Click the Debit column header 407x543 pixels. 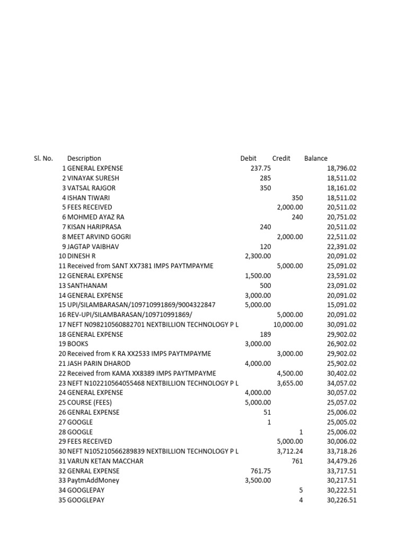click(x=248, y=158)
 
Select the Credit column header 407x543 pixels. click(x=281, y=158)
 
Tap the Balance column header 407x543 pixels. click(x=316, y=158)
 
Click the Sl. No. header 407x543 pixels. click(x=43, y=158)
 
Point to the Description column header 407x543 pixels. click(x=84, y=158)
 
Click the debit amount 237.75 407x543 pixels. click(x=260, y=168)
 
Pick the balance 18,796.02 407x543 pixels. click(x=342, y=168)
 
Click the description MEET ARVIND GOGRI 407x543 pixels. click(x=99, y=237)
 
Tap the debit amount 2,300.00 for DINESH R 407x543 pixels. click(x=258, y=256)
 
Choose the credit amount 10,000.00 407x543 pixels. click(x=288, y=325)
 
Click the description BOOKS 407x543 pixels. click(x=78, y=344)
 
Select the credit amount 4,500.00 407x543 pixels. click(x=290, y=373)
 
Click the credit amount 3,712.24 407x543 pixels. click(x=290, y=451)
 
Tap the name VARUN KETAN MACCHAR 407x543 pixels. click(x=105, y=461)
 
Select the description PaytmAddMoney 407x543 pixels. click(x=93, y=480)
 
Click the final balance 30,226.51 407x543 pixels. click(x=342, y=500)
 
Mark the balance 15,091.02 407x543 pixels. click(x=342, y=305)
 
